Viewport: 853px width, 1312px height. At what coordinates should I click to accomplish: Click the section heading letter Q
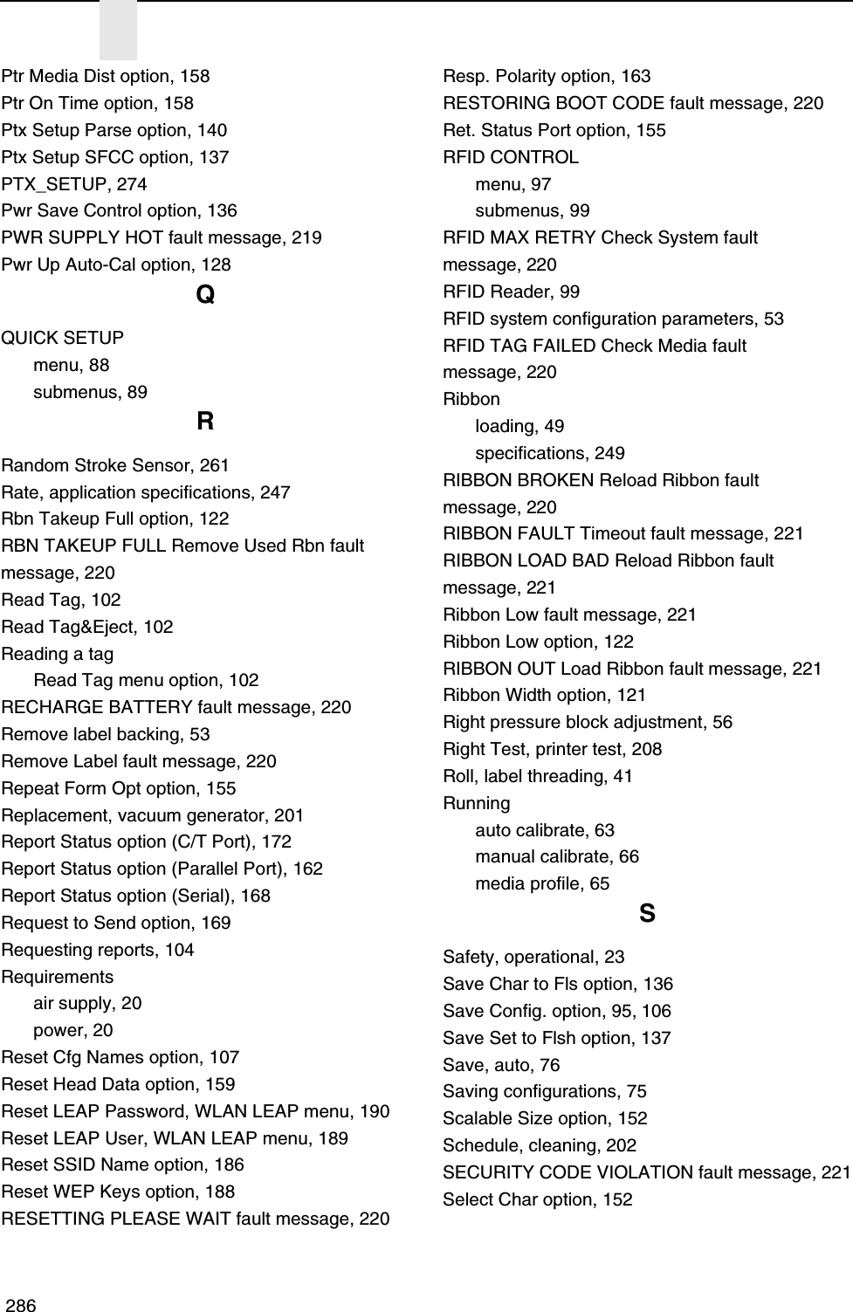click(205, 297)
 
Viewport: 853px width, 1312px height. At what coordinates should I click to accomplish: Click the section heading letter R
click(205, 422)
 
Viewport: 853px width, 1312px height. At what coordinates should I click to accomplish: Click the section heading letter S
click(647, 914)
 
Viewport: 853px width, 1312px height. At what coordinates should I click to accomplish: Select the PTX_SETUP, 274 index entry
click(74, 184)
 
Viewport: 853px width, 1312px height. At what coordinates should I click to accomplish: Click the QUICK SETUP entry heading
click(63, 338)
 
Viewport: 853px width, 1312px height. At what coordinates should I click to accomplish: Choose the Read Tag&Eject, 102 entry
click(87, 627)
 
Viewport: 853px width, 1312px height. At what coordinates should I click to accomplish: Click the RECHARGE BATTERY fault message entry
click(176, 707)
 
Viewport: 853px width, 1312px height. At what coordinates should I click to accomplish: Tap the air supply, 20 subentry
click(87, 1003)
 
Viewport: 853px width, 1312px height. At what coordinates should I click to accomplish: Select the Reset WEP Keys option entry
click(118, 1192)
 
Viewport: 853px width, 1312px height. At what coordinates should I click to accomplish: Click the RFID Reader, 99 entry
click(511, 292)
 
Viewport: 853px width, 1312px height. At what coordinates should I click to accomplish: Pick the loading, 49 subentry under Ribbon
click(519, 426)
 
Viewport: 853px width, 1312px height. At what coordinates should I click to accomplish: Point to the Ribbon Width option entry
click(545, 695)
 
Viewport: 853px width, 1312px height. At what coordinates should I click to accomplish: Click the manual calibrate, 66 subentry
click(557, 856)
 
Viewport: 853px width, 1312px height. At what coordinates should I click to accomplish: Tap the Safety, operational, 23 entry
click(533, 957)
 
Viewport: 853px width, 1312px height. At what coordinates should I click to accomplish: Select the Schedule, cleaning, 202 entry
click(540, 1145)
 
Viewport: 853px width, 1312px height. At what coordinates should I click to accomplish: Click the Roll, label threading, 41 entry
click(538, 776)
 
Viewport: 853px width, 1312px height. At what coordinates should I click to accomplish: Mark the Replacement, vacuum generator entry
click(153, 815)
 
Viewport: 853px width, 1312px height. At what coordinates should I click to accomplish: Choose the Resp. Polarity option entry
click(547, 76)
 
